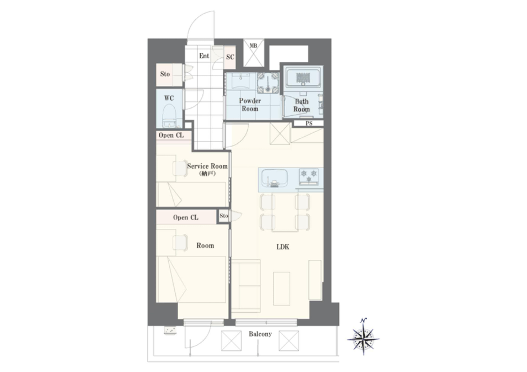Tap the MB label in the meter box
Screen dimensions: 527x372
pos(253,46)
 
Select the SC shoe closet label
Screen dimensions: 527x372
pos(230,57)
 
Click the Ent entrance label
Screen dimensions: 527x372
pos(204,56)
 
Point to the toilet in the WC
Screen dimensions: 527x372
pos(169,116)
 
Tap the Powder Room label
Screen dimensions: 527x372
pos(250,105)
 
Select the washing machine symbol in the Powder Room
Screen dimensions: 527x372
pos(268,83)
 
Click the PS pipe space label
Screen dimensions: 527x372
pos(309,123)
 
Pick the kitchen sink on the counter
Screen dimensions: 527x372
pos(274,178)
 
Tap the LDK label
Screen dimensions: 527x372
pos(283,247)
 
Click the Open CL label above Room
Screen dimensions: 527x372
pos(186,218)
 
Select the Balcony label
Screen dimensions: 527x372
pos(260,334)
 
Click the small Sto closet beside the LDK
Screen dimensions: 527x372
pos(224,216)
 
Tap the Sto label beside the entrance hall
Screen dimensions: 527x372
pos(165,74)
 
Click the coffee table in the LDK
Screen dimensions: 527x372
pos(282,289)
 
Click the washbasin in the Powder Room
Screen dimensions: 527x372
pos(241,81)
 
